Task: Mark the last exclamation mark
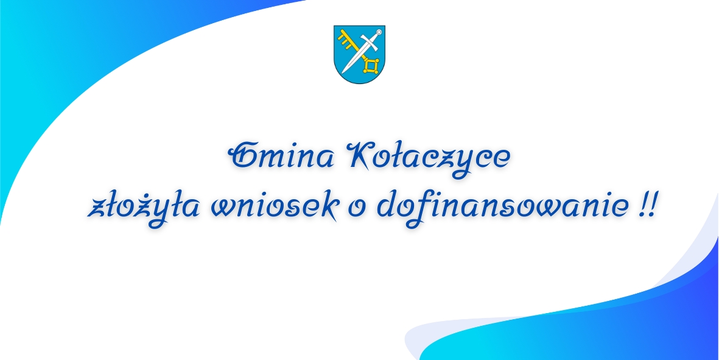pos(651,206)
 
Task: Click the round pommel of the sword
pos(379,32)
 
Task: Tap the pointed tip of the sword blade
pos(342,73)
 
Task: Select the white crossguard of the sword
pos(369,42)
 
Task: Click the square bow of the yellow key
pos(371,66)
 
